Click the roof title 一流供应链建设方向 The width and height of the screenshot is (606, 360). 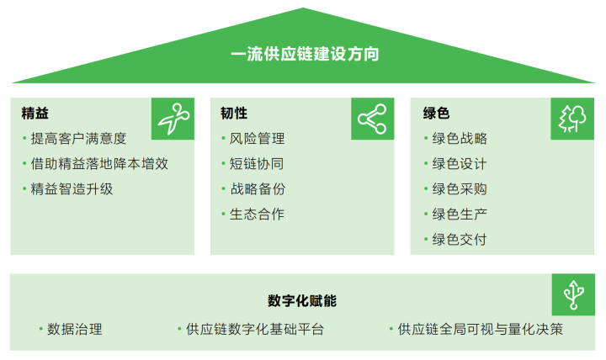coord(305,54)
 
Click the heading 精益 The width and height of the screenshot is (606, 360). coord(35,114)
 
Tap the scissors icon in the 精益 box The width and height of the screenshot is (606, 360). coord(173,119)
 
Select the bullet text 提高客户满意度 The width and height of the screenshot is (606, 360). coord(78,138)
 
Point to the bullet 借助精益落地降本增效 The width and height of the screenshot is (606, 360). coord(99,164)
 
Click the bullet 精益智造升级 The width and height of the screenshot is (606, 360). coord(72,189)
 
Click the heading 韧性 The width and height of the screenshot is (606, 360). coord(234,114)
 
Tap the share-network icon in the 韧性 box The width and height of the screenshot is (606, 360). coord(372,119)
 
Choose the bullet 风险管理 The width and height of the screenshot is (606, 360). coord(257,138)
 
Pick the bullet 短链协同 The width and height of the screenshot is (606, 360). coord(257,164)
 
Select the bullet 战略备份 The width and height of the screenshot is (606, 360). coord(258,189)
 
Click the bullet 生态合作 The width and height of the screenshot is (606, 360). coord(257,214)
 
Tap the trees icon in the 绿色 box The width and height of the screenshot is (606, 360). coord(572,119)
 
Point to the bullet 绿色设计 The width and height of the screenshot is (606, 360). coord(460,164)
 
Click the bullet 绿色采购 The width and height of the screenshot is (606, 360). coord(460,189)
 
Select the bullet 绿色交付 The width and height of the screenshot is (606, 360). coord(460,240)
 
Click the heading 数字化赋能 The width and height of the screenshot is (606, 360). coord(302,300)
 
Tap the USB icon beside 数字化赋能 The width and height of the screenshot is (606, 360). coord(573,294)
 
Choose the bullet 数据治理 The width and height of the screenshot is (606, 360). coord(75,329)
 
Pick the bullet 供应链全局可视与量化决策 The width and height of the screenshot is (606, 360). coord(481,329)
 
